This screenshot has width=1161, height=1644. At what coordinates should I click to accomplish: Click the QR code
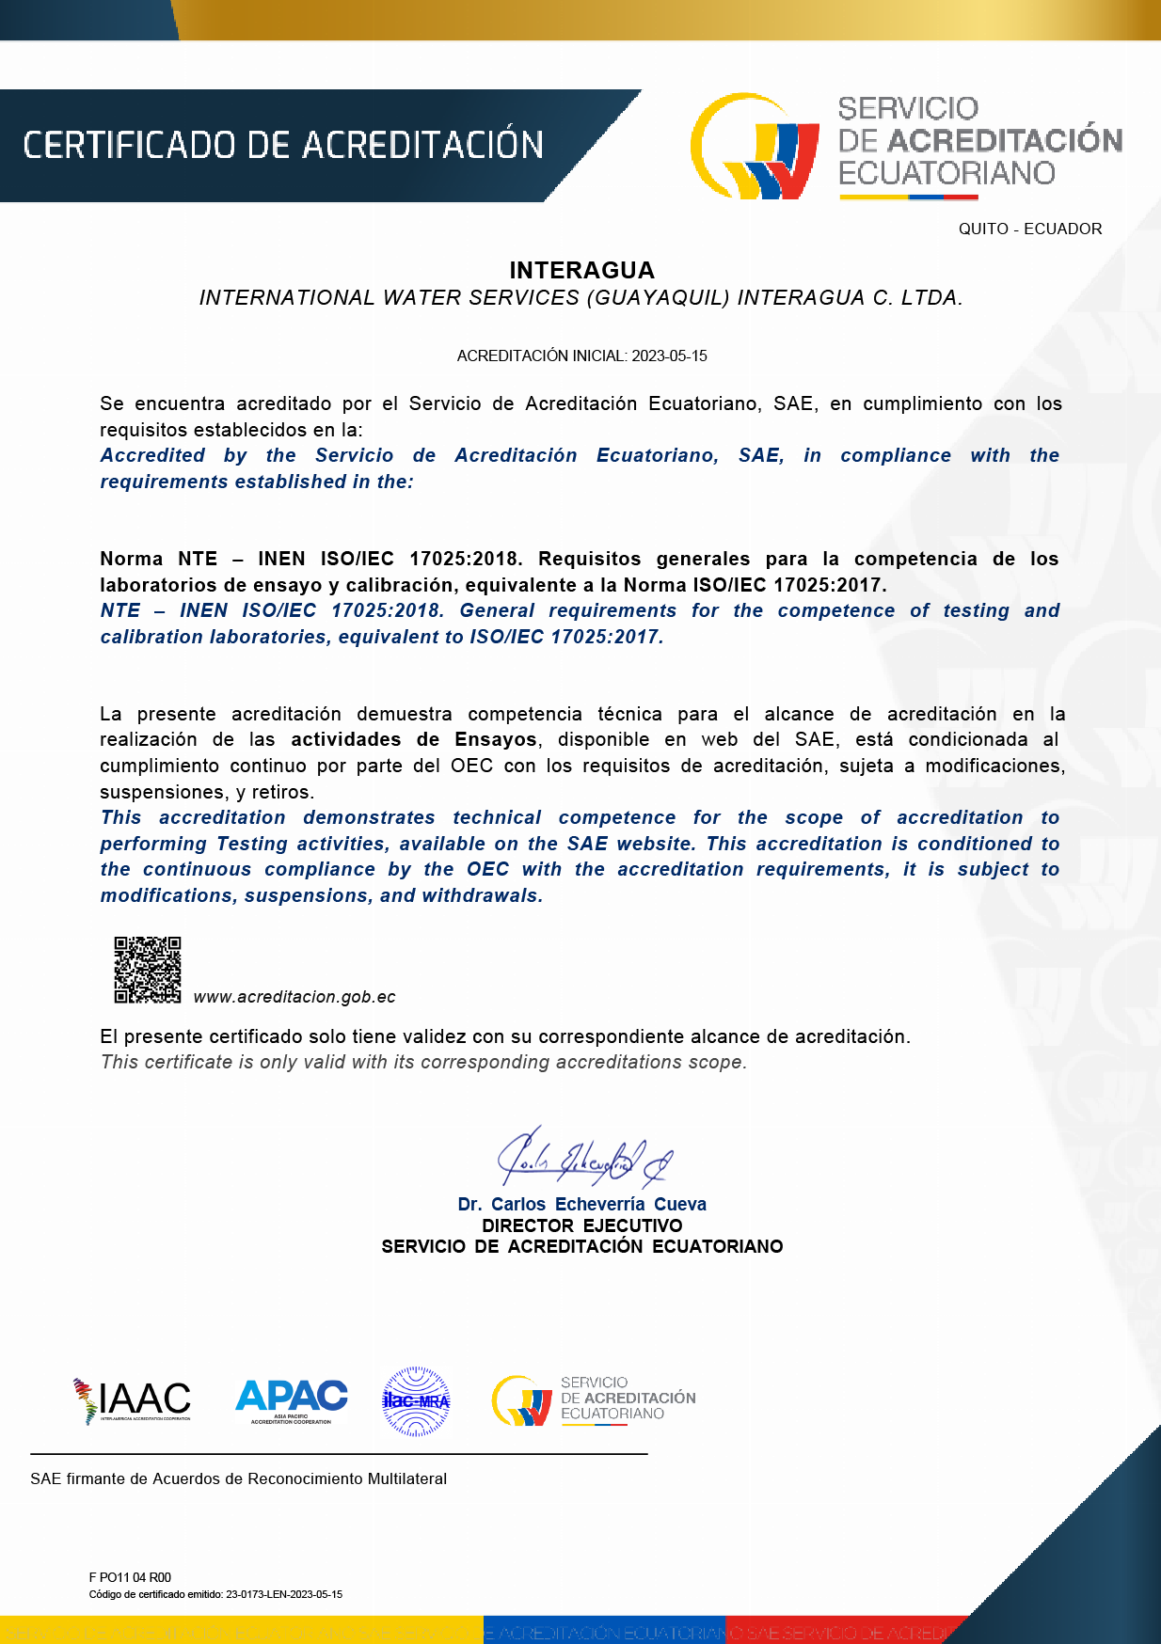[x=148, y=970]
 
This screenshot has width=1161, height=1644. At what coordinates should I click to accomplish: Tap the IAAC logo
[x=133, y=1399]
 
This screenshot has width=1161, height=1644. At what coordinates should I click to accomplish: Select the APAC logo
[x=291, y=1399]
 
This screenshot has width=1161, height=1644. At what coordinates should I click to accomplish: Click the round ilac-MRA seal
[x=416, y=1400]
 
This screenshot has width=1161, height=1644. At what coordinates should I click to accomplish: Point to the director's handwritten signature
[x=583, y=1158]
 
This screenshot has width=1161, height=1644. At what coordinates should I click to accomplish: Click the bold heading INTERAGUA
[x=581, y=271]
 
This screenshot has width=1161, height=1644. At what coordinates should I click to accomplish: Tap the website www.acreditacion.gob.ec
[x=294, y=997]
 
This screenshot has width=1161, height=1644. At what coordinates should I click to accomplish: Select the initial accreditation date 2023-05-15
[x=669, y=356]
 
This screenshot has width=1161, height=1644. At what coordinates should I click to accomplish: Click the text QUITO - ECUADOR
[x=1029, y=229]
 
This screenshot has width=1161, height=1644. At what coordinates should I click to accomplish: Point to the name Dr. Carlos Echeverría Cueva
[x=581, y=1204]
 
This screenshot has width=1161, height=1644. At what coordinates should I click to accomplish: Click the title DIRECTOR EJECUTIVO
[x=581, y=1225]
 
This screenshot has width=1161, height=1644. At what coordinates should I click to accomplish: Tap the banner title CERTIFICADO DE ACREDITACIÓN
[x=283, y=146]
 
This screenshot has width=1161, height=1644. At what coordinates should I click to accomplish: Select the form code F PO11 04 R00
[x=130, y=1577]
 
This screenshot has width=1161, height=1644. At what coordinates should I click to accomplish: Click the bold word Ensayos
[x=495, y=740]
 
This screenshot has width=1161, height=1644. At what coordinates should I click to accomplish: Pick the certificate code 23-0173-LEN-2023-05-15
[x=284, y=1594]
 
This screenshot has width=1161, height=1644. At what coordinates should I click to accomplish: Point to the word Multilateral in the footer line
[x=406, y=1478]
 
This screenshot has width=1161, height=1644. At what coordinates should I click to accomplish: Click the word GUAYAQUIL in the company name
[x=658, y=298]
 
